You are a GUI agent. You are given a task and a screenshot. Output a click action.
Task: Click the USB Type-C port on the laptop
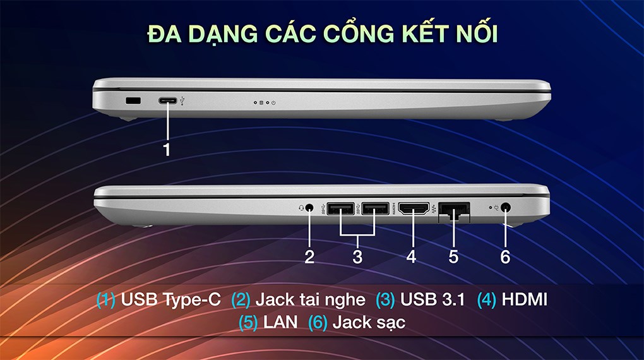point(168,100)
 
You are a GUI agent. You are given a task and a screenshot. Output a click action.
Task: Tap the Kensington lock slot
point(133,100)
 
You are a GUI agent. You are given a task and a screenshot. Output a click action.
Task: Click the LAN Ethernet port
point(453,208)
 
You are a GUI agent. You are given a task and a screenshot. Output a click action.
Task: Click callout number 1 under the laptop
point(167,150)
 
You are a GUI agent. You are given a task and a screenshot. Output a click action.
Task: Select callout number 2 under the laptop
point(309,257)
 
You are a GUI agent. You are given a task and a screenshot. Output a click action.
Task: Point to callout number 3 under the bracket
point(357,257)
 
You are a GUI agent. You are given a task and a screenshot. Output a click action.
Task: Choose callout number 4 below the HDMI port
point(412,257)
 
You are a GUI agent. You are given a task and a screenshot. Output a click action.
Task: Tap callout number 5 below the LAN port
point(453,257)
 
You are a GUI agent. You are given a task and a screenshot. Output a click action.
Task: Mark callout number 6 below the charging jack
point(505,257)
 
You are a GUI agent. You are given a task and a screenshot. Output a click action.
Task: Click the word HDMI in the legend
point(524,299)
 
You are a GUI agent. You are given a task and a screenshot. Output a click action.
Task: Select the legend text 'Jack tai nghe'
point(310,299)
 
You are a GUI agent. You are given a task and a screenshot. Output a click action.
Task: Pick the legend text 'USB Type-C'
point(170,299)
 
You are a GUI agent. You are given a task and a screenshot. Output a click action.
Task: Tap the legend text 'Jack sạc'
point(369,323)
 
